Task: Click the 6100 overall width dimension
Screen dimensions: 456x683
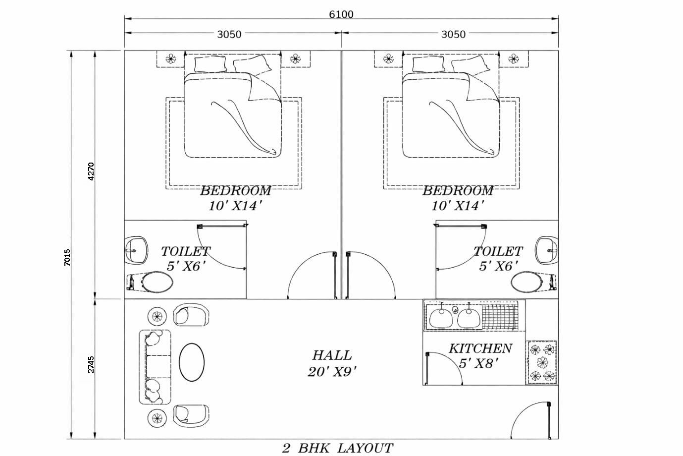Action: tap(341, 14)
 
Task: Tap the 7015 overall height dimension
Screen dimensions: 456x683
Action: tap(67, 258)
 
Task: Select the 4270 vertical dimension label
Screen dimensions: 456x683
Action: tap(91, 171)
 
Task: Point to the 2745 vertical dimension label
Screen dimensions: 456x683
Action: tap(91, 364)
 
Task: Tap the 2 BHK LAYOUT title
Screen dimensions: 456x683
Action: tap(338, 448)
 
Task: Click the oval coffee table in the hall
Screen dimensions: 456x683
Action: tap(191, 362)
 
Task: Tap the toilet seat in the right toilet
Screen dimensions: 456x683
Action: tap(527, 283)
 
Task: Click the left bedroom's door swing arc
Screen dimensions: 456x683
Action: tap(311, 275)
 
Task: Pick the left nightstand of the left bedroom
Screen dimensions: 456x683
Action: tap(170, 59)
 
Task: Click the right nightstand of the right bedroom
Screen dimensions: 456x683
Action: tap(513, 59)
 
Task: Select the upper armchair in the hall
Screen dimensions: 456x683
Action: tap(191, 315)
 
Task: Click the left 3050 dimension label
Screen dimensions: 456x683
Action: tap(229, 34)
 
